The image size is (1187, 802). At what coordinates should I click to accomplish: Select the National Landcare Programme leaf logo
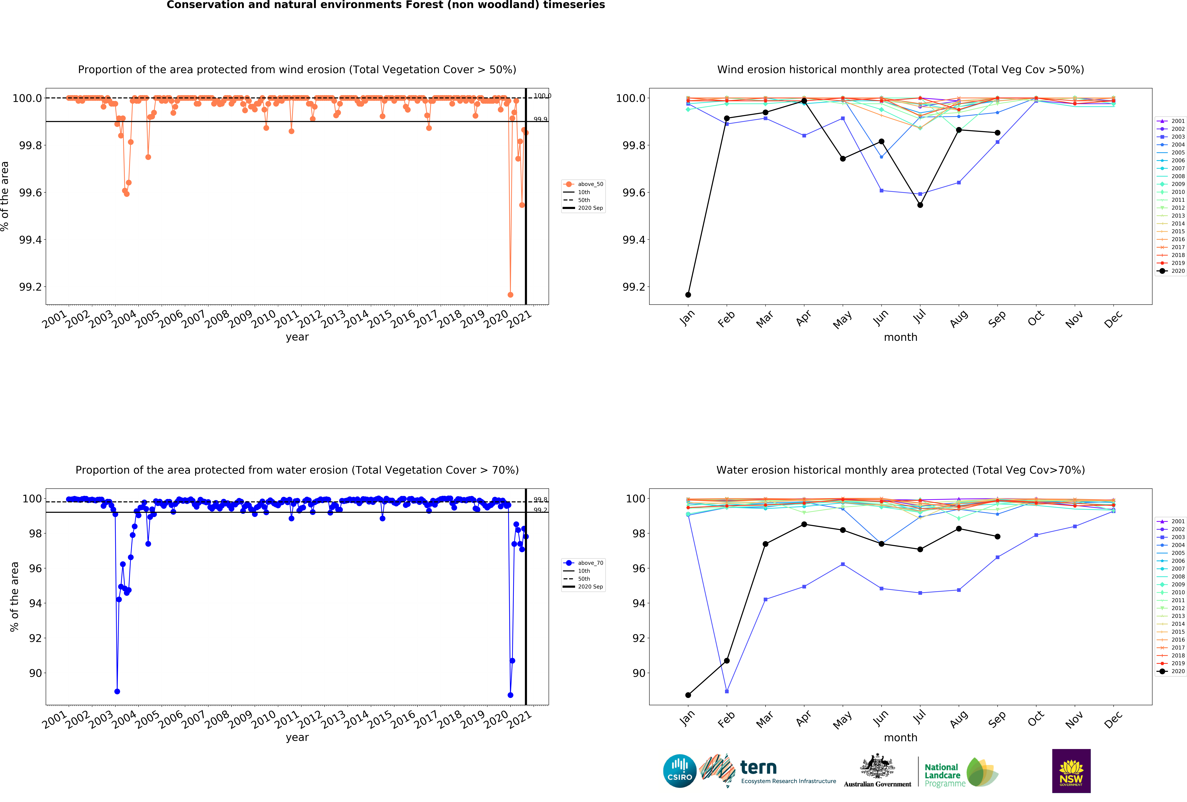coord(982,772)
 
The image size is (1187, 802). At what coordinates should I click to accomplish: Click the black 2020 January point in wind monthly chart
coord(688,295)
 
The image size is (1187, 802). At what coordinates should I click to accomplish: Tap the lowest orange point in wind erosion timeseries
coord(510,295)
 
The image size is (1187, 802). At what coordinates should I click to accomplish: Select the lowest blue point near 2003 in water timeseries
coord(117,691)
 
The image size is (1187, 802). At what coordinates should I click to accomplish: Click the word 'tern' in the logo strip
coord(758,767)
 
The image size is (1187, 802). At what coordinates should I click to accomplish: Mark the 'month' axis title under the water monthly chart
coord(900,738)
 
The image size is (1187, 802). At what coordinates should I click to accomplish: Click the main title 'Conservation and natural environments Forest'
coord(386,5)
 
